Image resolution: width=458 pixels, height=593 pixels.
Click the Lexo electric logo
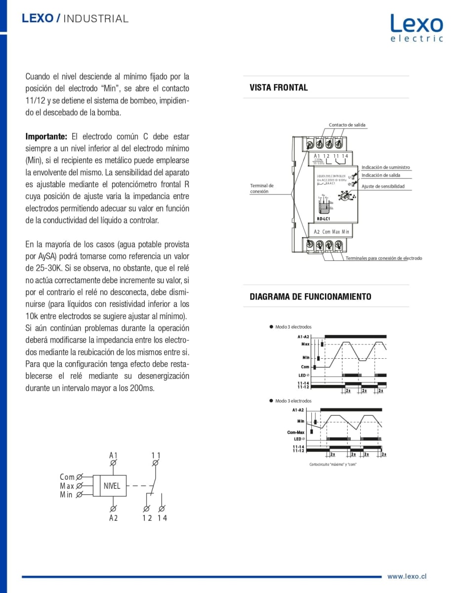416,28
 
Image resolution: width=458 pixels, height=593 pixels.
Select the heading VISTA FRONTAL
279,87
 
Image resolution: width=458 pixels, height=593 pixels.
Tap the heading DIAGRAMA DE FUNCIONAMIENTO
310,296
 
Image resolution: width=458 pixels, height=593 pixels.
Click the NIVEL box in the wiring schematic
112,486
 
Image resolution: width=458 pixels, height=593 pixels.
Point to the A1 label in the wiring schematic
114,455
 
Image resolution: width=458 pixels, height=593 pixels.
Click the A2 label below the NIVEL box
114,518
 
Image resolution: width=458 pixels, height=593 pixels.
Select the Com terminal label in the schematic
67,477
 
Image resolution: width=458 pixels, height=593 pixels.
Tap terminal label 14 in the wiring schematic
163,518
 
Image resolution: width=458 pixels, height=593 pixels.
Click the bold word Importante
46,136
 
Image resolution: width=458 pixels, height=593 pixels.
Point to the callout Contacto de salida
347,125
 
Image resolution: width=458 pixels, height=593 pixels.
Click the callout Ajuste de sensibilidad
383,186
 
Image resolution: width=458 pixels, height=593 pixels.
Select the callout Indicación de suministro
385,168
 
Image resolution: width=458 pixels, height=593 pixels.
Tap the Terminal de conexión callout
262,188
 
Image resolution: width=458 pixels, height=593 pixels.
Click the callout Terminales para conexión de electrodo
383,258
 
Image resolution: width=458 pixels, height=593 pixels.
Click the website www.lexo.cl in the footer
407,576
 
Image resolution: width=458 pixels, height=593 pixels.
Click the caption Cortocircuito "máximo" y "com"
333,464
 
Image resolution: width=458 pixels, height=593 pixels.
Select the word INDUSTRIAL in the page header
96,19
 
